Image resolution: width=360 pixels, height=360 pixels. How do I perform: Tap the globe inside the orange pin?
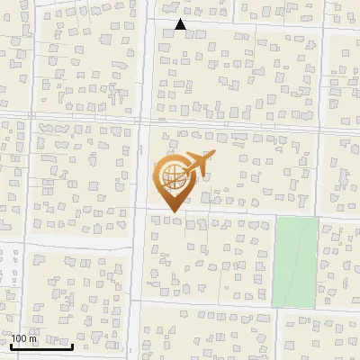tap(171, 175)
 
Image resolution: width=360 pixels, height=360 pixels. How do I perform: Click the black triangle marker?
tap(180, 24)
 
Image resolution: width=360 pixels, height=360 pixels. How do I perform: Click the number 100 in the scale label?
tap(20, 338)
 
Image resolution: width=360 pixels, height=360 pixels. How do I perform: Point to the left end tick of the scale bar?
tap(11, 345)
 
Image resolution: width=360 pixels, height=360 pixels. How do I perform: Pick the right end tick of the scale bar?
tap(73, 345)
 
